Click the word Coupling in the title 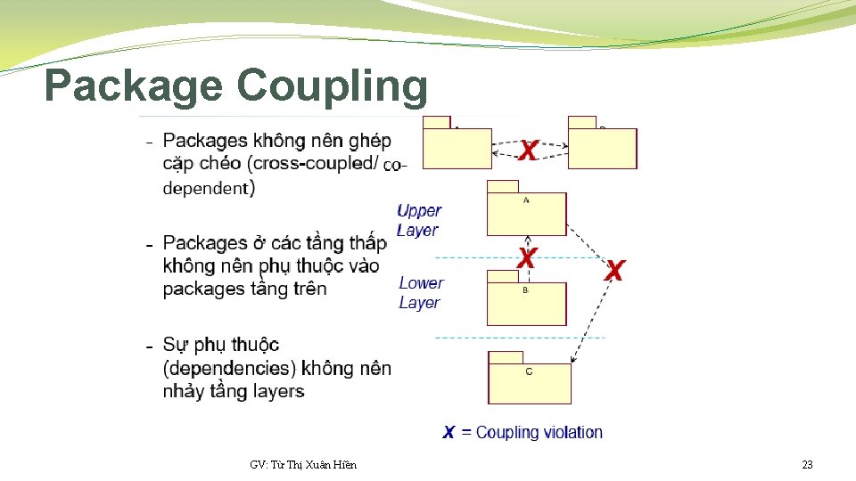click(333, 86)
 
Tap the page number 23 click(807, 465)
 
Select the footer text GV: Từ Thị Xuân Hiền click(303, 465)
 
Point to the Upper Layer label click(418, 220)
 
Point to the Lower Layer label click(421, 292)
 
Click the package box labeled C click(529, 381)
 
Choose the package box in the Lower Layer click(526, 302)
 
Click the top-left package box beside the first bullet click(457, 147)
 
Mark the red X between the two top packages click(529, 151)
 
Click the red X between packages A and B click(527, 258)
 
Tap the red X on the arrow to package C click(613, 270)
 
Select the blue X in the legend click(449, 433)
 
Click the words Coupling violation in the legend click(539, 433)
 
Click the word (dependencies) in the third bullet click(230, 368)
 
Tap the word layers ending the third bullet click(278, 391)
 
